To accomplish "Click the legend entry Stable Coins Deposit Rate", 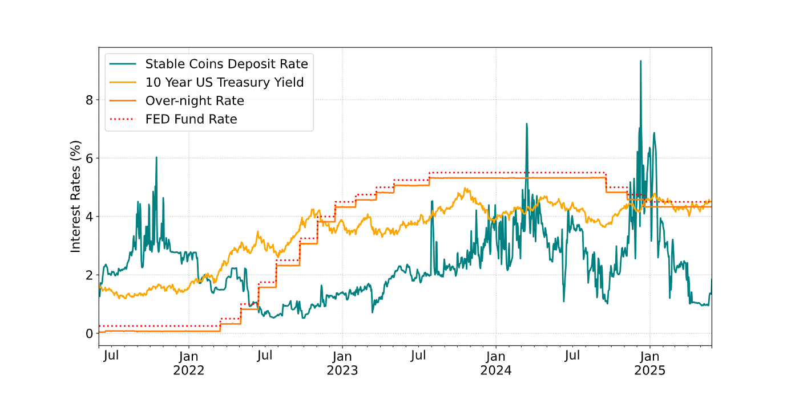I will (x=227, y=63).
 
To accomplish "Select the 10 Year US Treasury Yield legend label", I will (x=224, y=82).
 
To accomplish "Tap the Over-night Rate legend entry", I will (x=195, y=101).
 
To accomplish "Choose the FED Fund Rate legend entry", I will (x=191, y=119).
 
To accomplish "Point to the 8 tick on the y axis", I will (x=88, y=100).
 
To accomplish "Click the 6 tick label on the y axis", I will (x=88, y=158).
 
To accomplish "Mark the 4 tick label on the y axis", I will (x=88, y=217).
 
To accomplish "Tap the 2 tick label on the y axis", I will (x=88, y=275).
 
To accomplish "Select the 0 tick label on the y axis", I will (x=88, y=333).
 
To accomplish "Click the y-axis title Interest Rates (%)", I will (x=76, y=197).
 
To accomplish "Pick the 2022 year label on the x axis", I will (x=189, y=370).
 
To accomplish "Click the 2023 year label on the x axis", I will (x=342, y=370).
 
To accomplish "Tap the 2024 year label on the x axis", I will (x=496, y=370).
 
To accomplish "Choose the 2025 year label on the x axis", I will (x=649, y=370).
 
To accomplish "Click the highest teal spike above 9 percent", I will (x=640, y=61).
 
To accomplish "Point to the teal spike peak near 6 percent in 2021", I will (x=156, y=157).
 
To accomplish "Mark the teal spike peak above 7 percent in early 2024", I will (x=527, y=124).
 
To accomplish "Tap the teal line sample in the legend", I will (x=124, y=63).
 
